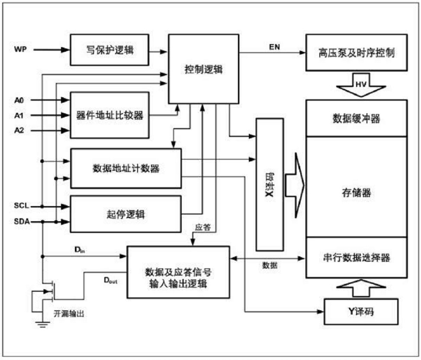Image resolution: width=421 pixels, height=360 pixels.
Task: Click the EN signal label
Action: (275, 47)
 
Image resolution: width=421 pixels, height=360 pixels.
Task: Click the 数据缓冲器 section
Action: (356, 118)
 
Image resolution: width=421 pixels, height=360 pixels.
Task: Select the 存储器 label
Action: (356, 193)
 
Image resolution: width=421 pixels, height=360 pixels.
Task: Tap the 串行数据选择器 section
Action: (356, 258)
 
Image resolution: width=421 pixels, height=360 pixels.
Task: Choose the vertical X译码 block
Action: (270, 185)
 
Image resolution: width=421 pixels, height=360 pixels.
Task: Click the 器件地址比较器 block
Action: (109, 115)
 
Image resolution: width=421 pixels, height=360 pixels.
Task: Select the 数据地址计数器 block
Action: (126, 169)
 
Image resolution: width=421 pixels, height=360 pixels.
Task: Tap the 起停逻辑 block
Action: (126, 214)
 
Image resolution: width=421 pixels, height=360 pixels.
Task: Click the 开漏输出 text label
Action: (68, 314)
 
